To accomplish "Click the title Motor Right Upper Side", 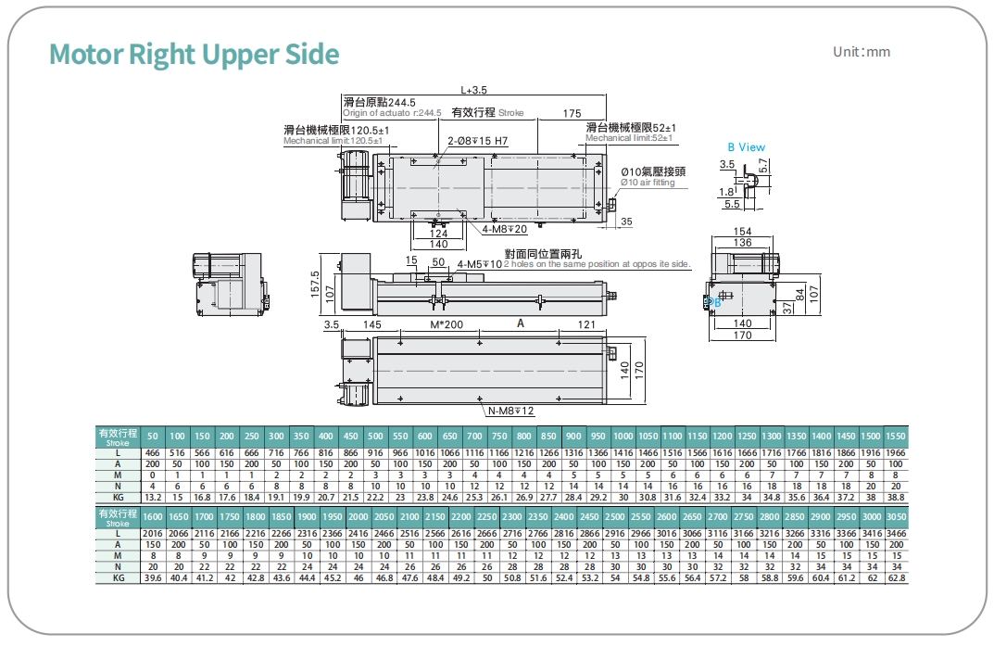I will pyautogui.click(x=195, y=55).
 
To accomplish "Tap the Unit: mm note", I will pyautogui.click(x=862, y=52).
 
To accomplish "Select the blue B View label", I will pyautogui.click(x=746, y=146).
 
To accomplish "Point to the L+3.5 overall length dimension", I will pyautogui.click(x=473, y=91).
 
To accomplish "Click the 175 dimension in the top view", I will pyautogui.click(x=572, y=113).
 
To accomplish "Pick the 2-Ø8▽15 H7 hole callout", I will pyautogui.click(x=478, y=141).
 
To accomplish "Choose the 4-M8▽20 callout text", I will pyautogui.click(x=505, y=228).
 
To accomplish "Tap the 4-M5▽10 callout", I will pyautogui.click(x=480, y=264).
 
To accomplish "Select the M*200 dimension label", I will pyautogui.click(x=447, y=324).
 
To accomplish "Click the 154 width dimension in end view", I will pyautogui.click(x=742, y=231).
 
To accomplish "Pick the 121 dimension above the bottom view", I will pyautogui.click(x=586, y=324).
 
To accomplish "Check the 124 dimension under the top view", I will pyautogui.click(x=439, y=234).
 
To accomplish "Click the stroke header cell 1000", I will pyautogui.click(x=623, y=436).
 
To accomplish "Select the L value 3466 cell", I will pyautogui.click(x=896, y=535).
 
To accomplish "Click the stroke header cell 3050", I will pyautogui.click(x=896, y=515).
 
